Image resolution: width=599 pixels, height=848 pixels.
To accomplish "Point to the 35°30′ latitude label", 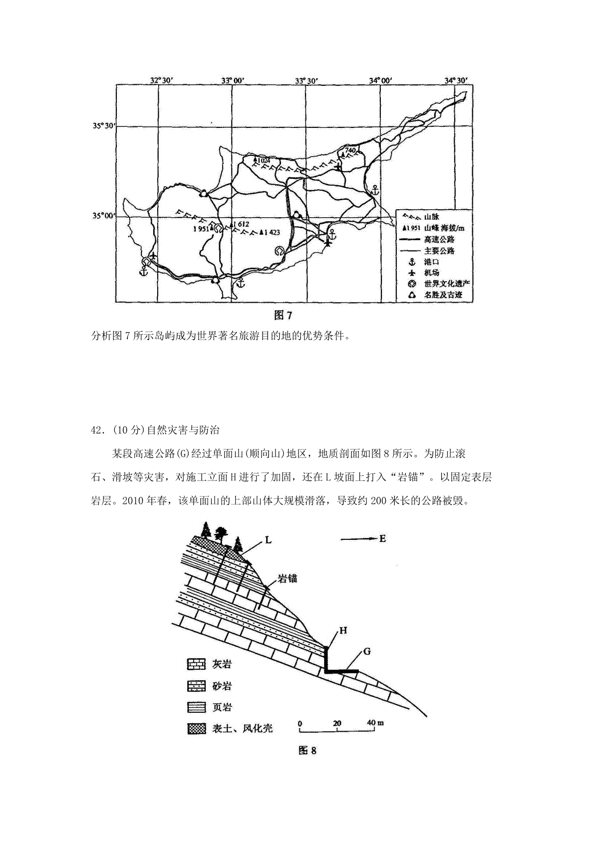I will (103, 126).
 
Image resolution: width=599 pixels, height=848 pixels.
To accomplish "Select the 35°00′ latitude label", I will (103, 216).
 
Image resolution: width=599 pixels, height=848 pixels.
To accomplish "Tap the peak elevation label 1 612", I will (240, 224).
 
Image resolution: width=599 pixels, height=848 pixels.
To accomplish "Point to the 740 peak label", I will (350, 150).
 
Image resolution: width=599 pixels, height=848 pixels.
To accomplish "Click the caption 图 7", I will (283, 315).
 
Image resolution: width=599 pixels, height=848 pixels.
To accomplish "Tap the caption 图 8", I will (307, 751).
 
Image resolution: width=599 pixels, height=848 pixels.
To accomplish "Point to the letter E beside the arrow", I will (383, 538).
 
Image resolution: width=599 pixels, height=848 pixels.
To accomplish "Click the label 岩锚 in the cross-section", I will (288, 578).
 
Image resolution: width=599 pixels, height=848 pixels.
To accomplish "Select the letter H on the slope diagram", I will (343, 630).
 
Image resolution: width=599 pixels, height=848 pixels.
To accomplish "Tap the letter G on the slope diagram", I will (367, 651).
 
